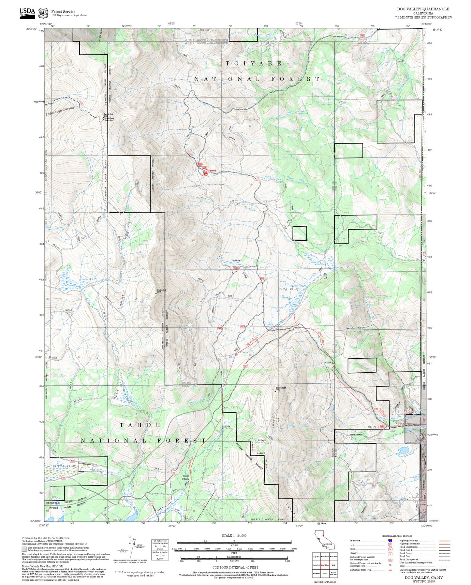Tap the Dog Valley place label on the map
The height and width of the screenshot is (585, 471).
point(289,289)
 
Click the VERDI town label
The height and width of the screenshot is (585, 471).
point(373,427)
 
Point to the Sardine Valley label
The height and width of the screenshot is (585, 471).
point(64,466)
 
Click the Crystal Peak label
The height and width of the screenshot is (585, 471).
point(161,290)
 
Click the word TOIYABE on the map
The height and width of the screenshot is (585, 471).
point(253,63)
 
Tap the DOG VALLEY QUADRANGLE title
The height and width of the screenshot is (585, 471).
point(423,9)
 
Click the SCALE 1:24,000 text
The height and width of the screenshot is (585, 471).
point(234,535)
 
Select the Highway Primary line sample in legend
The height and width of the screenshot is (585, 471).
point(444,541)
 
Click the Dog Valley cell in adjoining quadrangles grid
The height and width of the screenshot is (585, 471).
point(324,565)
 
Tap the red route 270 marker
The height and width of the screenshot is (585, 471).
point(151,504)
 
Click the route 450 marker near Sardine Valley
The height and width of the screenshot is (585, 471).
point(64,478)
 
